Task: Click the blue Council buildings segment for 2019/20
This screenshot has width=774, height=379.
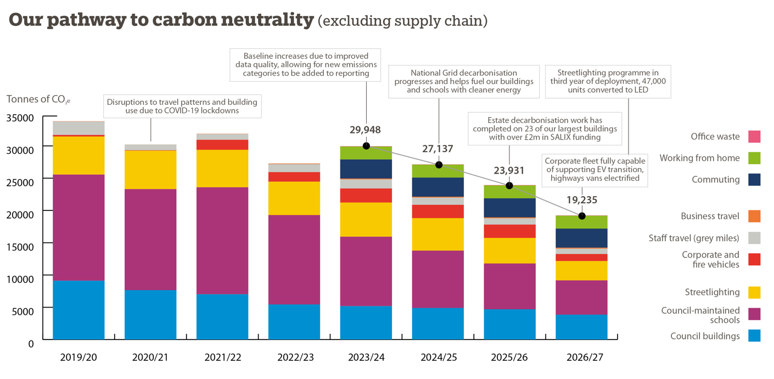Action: coord(78,310)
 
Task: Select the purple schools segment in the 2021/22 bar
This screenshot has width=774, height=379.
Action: coord(222,241)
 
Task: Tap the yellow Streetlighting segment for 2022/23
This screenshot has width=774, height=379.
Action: coord(294,198)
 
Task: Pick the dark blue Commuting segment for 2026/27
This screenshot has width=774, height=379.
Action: coord(581,238)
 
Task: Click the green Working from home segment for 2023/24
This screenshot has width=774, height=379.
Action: coord(366,153)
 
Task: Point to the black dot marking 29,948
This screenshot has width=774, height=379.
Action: coord(366,146)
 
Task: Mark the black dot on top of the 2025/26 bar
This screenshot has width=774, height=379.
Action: coord(509,186)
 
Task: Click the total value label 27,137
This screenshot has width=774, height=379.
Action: coord(438,149)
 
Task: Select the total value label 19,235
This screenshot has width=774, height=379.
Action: coord(581,200)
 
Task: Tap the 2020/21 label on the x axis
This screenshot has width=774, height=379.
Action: coord(150,357)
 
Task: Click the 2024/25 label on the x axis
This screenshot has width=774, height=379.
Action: coord(438,357)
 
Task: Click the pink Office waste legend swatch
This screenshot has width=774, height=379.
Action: coord(754,136)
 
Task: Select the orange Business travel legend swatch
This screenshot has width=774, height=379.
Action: coord(754,216)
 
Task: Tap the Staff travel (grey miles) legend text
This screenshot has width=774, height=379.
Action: coord(694,238)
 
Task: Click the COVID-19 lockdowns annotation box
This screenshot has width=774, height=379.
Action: coord(182,106)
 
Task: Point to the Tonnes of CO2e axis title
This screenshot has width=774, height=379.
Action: coord(38,99)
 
